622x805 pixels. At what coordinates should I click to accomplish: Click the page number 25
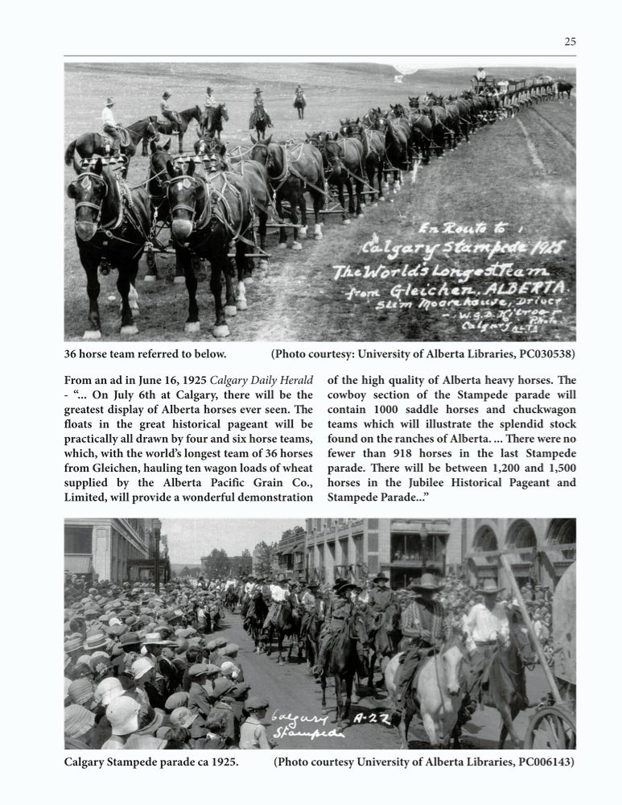coord(570,42)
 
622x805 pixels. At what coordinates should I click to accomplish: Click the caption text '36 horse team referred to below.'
coord(145,353)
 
